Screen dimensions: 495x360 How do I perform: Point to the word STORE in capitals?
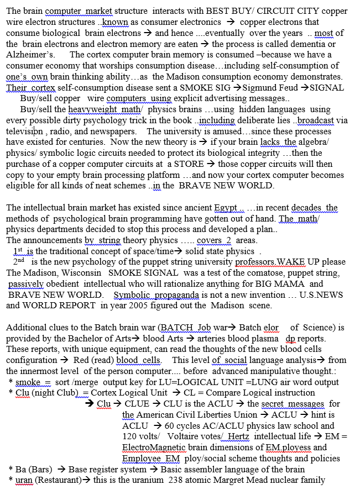tap(188, 164)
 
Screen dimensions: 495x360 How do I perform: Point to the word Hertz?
tap(238, 436)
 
